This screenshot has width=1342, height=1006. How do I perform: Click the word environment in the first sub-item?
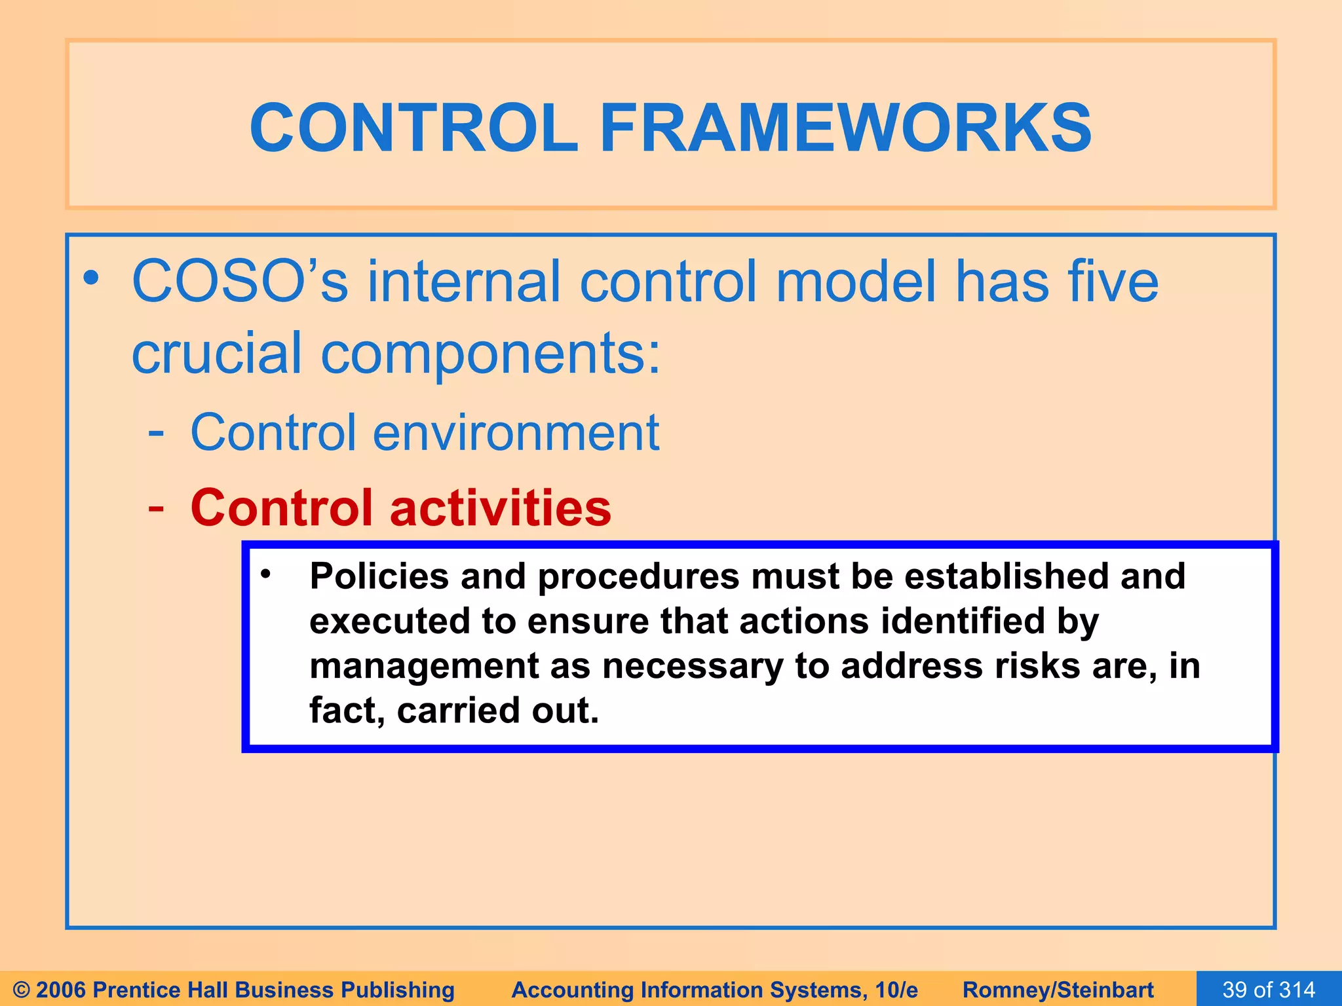click(516, 433)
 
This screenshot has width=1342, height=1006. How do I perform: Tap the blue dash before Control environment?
click(156, 433)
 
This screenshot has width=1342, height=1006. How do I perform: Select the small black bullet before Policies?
click(265, 574)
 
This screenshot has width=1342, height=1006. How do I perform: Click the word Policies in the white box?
click(379, 577)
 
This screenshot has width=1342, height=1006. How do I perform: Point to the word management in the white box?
click(423, 666)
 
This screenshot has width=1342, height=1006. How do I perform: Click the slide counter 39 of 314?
click(1269, 989)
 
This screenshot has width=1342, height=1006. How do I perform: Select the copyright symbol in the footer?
click(21, 990)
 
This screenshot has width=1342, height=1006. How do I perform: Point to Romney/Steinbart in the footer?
click(1058, 990)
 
